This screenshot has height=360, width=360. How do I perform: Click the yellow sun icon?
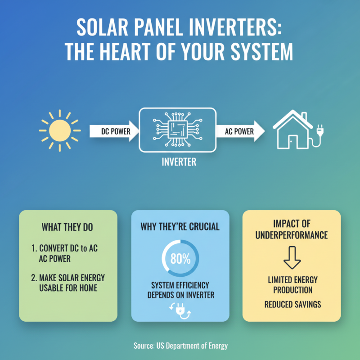(x=60, y=131)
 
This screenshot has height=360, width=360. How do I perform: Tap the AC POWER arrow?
(x=241, y=131)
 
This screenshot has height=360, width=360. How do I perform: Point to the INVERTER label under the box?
(x=179, y=162)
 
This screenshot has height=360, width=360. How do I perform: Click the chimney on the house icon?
(x=304, y=118)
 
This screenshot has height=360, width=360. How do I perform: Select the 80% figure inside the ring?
(x=180, y=259)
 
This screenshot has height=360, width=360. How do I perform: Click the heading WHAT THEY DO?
(x=67, y=227)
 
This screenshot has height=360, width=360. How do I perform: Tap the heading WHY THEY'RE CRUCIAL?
(x=180, y=226)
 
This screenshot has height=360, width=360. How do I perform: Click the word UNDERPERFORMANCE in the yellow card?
(x=292, y=235)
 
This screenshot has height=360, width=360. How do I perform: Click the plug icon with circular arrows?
(x=180, y=310)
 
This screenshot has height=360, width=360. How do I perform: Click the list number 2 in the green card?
(x=34, y=278)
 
